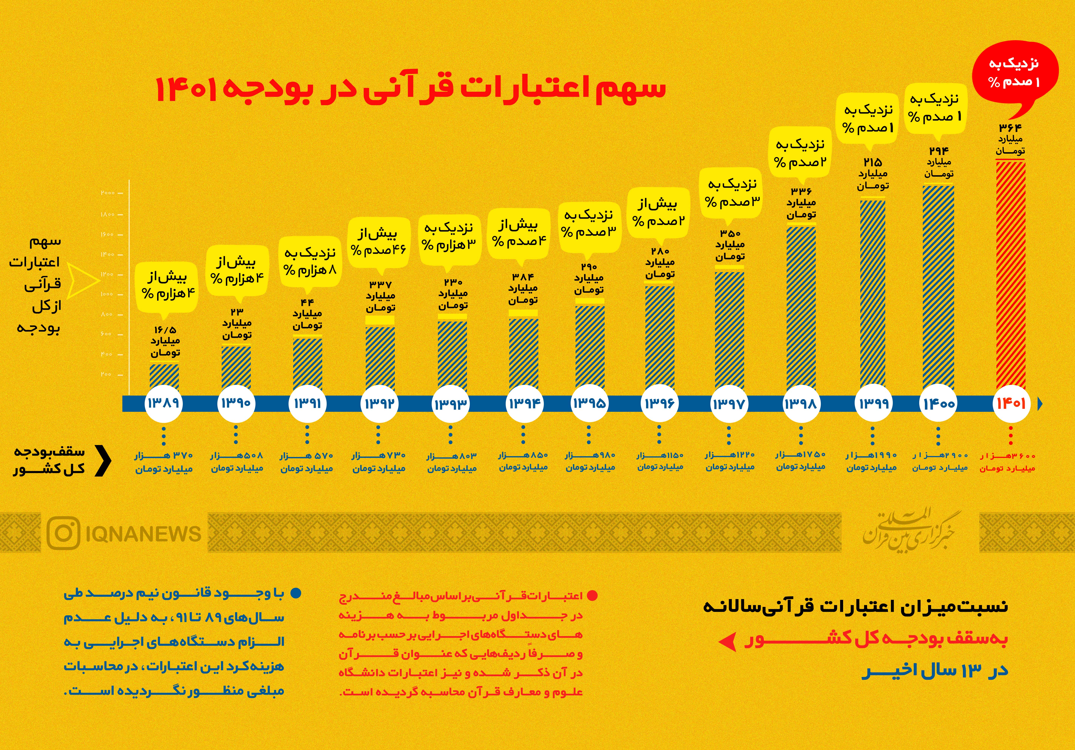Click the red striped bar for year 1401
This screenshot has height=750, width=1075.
[x=1010, y=276]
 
